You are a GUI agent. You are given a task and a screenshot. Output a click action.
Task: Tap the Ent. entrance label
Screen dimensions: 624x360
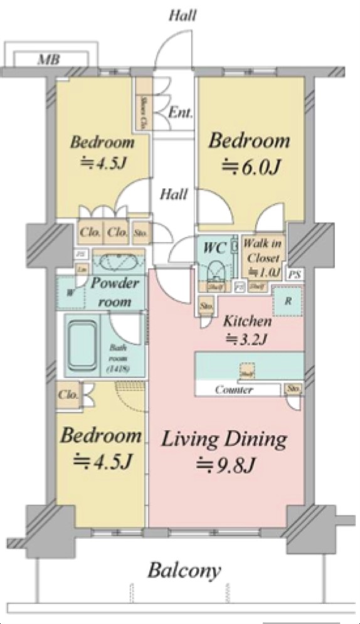(181, 114)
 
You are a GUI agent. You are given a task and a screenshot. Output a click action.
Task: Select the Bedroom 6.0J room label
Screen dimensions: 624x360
(250, 152)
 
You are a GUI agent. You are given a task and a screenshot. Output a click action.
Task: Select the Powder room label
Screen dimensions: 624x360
(115, 292)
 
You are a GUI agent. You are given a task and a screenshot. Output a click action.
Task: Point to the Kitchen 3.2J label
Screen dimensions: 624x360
(248, 331)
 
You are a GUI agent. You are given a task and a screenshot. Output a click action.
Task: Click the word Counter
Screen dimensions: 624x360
(234, 390)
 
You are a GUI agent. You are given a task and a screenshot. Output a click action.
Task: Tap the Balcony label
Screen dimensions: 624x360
(184, 571)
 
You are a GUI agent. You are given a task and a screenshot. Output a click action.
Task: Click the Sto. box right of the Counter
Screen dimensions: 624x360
(294, 390)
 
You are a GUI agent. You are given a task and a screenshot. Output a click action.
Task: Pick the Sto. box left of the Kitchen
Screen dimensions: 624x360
(205, 307)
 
